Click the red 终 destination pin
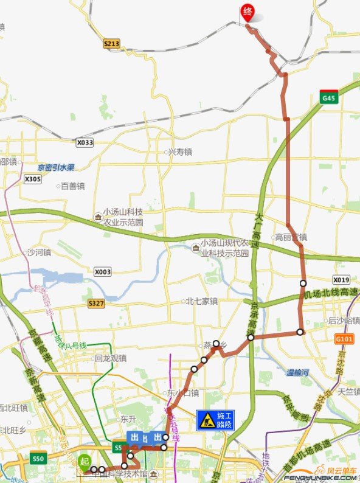(247, 12)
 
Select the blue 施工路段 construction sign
(215, 420)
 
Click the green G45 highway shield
(329, 97)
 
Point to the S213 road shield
(111, 43)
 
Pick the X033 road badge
(85, 142)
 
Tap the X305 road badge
(33, 179)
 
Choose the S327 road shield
(96, 302)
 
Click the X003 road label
(103, 272)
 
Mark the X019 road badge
(341, 280)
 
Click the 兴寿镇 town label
(179, 152)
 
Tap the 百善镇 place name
(72, 186)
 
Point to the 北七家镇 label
(201, 301)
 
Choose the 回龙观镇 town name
(111, 358)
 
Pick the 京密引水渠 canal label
(55, 168)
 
